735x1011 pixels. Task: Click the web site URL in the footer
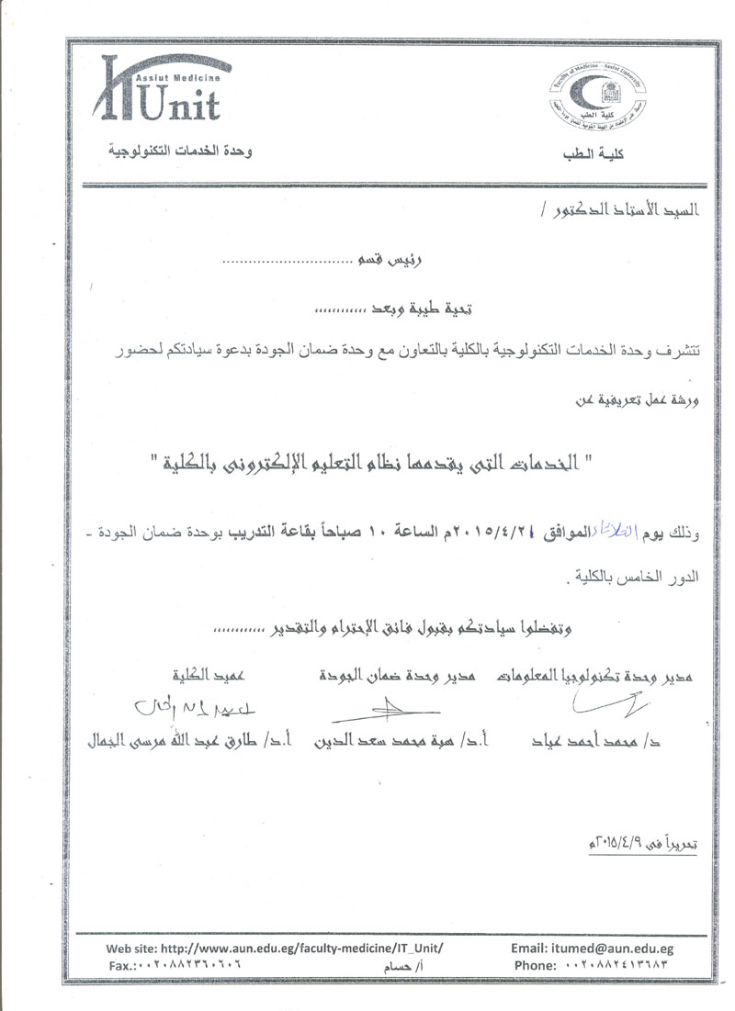tap(276, 948)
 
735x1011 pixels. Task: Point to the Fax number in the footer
tap(175, 965)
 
